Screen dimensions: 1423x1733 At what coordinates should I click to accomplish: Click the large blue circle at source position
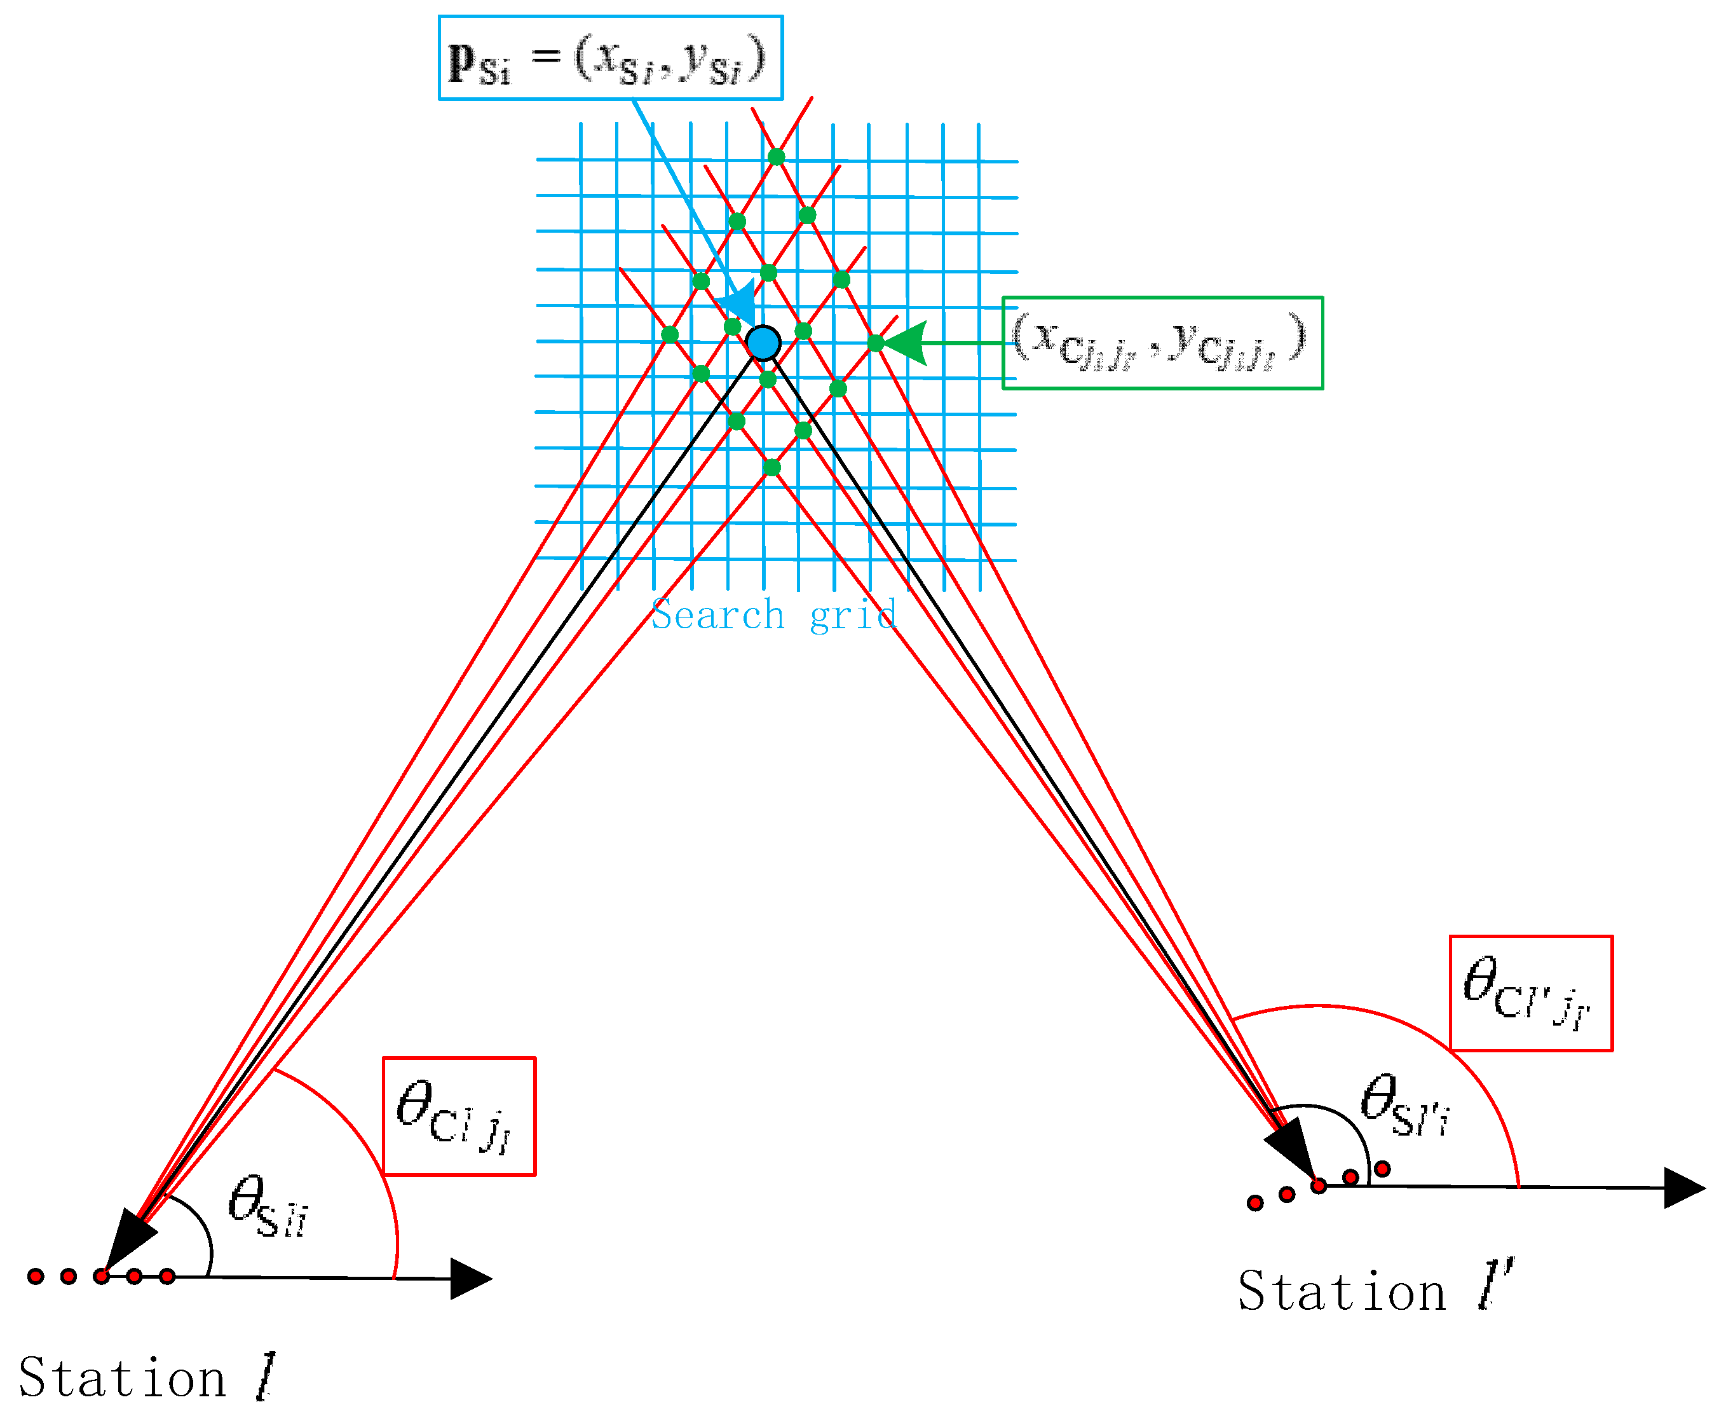pyautogui.click(x=764, y=343)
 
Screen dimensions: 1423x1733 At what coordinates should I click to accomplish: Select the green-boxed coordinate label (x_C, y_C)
pyautogui.click(x=1161, y=342)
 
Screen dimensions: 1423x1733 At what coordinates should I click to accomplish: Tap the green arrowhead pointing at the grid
pyautogui.click(x=906, y=343)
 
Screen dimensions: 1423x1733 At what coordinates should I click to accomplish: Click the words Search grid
pyautogui.click(x=773, y=615)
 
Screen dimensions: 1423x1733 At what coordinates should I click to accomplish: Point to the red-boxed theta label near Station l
pyautogui.click(x=459, y=1116)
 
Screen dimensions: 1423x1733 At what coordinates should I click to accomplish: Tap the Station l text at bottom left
pyautogui.click(x=146, y=1378)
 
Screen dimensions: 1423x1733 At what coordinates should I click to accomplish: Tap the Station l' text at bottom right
pyautogui.click(x=1375, y=1292)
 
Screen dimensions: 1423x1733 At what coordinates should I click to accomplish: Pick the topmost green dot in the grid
pyautogui.click(x=776, y=156)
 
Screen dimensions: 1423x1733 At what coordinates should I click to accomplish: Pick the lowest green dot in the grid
pyautogui.click(x=771, y=467)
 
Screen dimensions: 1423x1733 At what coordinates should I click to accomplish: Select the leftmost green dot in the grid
pyautogui.click(x=669, y=334)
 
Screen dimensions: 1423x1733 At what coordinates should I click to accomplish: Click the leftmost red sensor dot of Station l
pyautogui.click(x=35, y=1275)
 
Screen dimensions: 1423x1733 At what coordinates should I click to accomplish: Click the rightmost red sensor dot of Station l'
pyautogui.click(x=1382, y=1168)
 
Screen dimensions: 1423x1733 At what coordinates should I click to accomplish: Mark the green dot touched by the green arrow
pyautogui.click(x=875, y=343)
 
